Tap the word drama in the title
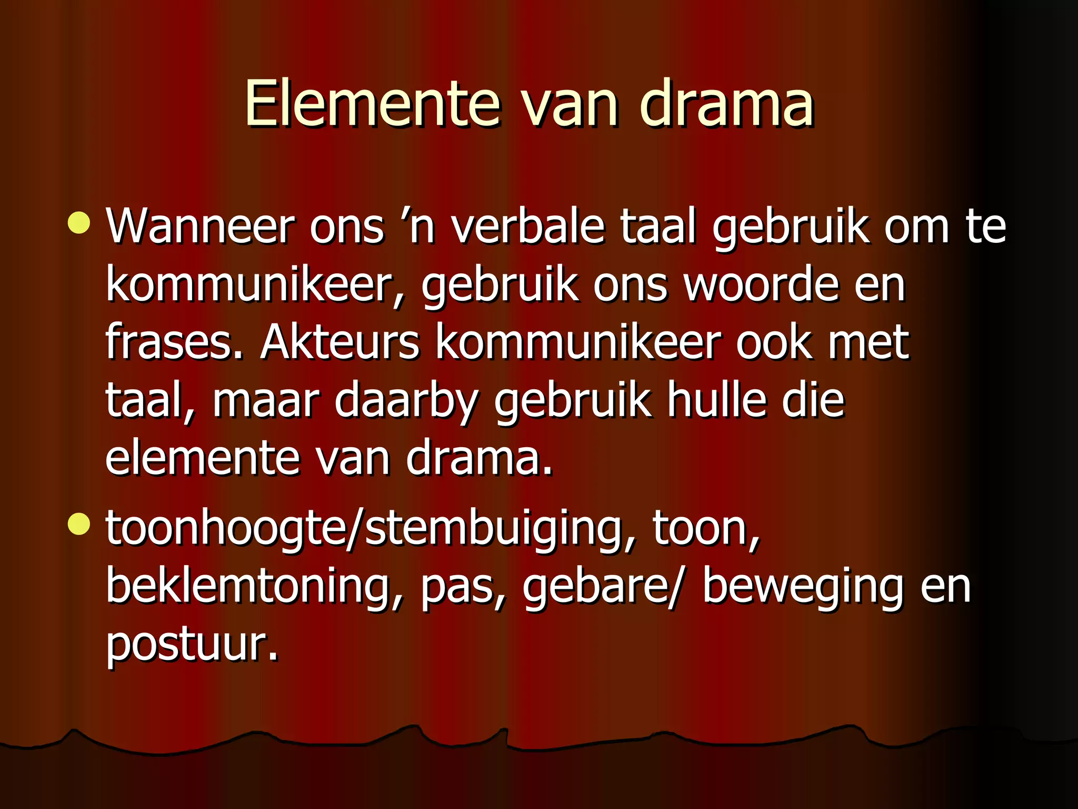pyautogui.click(x=726, y=103)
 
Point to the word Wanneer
pyautogui.click(x=200, y=226)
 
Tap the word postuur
pyautogui.click(x=192, y=645)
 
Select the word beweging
pyautogui.click(x=803, y=587)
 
